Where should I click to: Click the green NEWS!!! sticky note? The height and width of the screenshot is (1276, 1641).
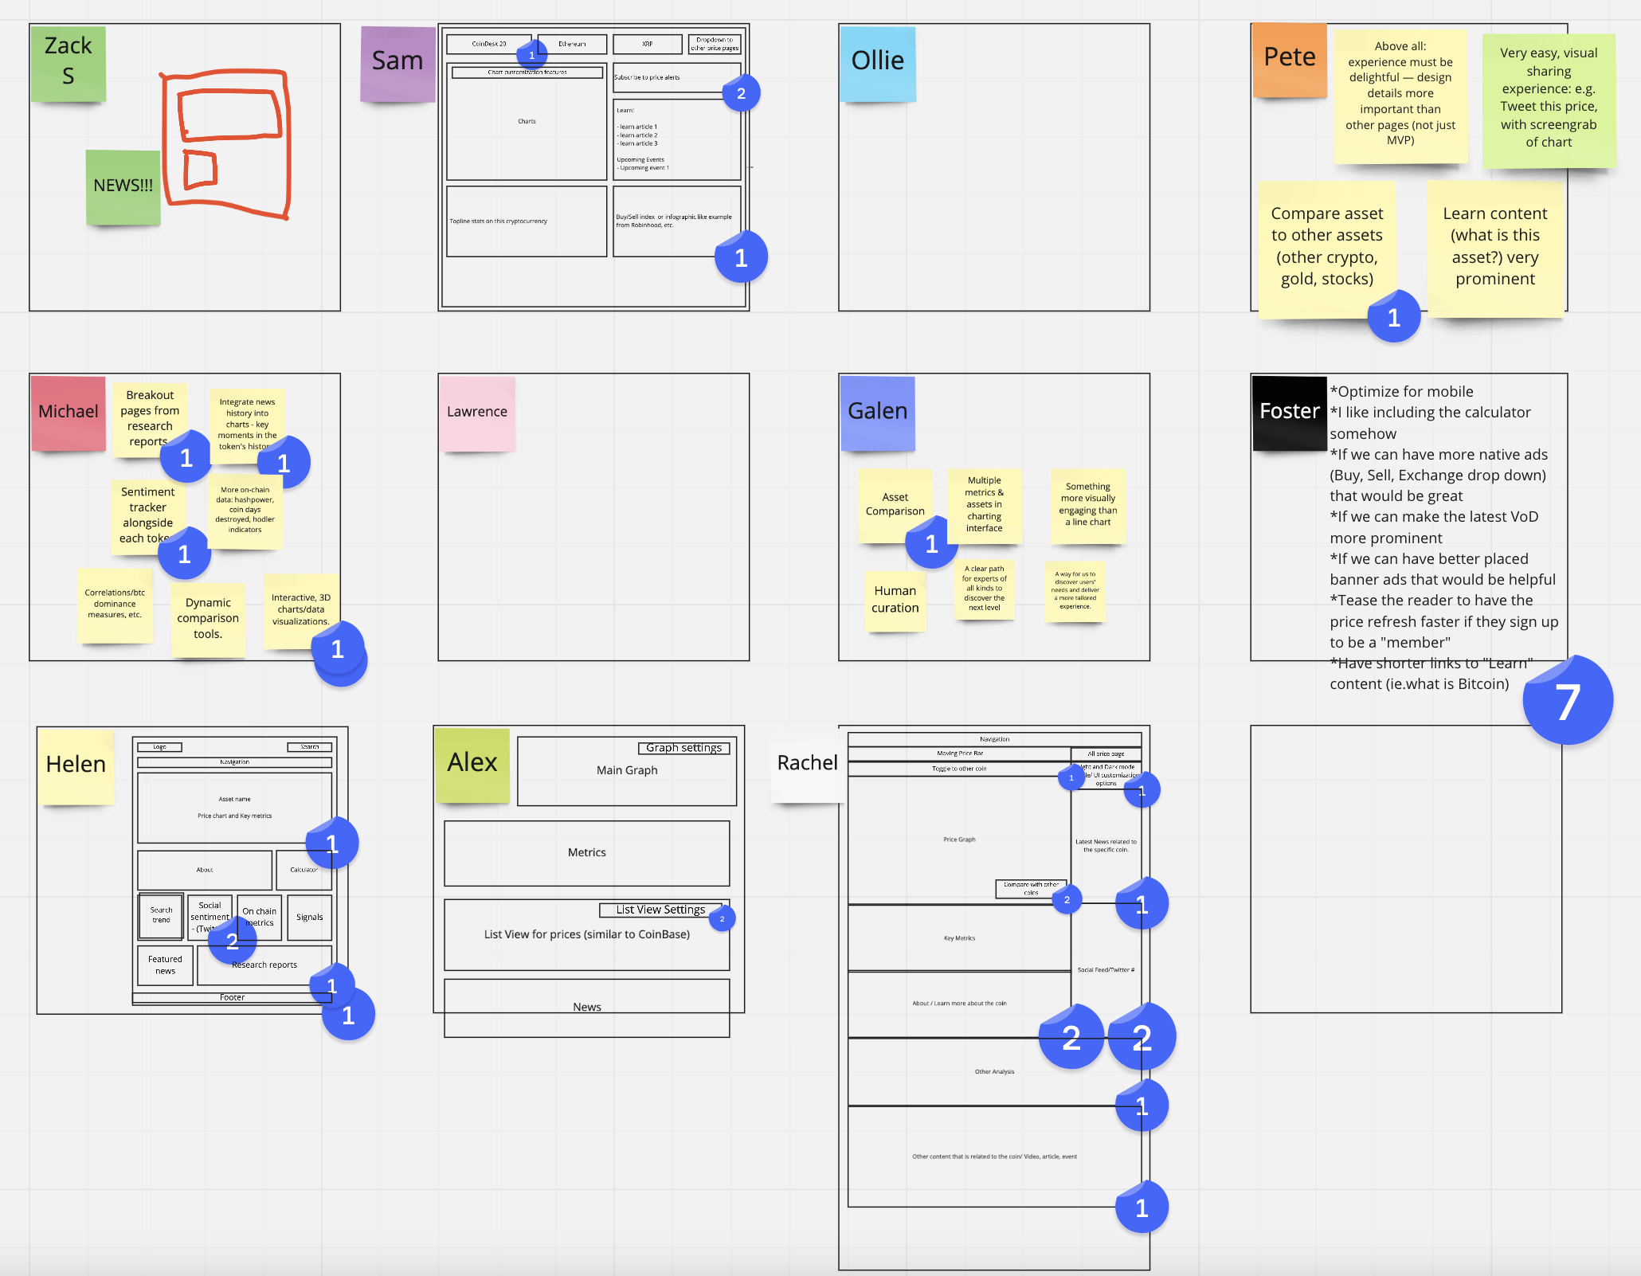[x=123, y=186]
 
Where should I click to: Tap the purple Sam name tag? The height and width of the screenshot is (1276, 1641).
[x=397, y=63]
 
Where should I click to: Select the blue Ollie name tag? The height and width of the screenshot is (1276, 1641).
[x=877, y=63]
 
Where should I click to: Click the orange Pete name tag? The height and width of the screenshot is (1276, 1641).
[x=1289, y=60]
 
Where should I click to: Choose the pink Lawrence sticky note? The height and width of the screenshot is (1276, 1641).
[x=476, y=413]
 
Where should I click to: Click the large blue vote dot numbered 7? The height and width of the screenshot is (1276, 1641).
[x=1567, y=701]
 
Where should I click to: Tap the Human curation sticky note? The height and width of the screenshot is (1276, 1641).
[x=895, y=600]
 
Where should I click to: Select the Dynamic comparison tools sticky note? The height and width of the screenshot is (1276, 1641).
[x=207, y=618]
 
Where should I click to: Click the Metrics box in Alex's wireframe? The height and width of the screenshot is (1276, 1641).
[x=586, y=852]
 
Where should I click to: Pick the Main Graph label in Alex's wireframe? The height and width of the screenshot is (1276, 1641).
[x=627, y=770]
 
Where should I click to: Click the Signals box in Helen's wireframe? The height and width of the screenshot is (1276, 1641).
[x=309, y=917]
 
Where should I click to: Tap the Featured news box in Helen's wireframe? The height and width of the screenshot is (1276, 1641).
[x=165, y=965]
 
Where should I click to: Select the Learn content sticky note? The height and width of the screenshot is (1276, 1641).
[x=1494, y=247]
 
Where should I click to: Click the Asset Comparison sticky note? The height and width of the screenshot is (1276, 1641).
[x=894, y=504]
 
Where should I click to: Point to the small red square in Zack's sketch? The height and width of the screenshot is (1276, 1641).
[x=199, y=169]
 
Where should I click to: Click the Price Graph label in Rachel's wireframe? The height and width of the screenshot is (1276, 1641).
[x=959, y=840]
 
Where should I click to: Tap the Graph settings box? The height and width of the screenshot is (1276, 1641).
[x=683, y=748]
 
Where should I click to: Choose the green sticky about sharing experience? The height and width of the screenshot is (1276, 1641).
[x=1548, y=98]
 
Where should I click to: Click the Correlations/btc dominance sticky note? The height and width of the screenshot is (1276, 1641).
[x=115, y=604]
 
